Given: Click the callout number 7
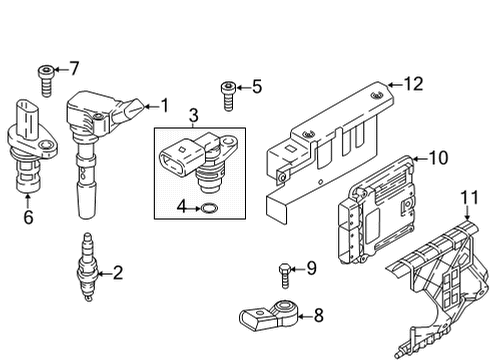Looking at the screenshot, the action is click(x=74, y=68).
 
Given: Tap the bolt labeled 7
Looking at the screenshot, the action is click(x=46, y=81).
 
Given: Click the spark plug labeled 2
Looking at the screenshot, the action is click(x=88, y=268).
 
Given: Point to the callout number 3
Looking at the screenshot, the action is click(x=193, y=115).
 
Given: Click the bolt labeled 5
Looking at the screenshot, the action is click(x=229, y=96).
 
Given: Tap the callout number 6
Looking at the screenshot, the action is click(x=28, y=217).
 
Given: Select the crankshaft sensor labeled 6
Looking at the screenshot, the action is click(x=31, y=147).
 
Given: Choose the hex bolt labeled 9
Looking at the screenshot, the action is click(x=285, y=276).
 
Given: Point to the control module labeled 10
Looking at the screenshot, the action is click(x=377, y=210).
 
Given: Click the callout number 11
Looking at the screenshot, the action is click(x=469, y=197).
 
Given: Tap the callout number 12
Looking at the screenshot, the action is click(x=414, y=84).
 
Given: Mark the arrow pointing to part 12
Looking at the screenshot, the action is click(x=395, y=85).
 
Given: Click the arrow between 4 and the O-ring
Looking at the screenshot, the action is click(x=194, y=209).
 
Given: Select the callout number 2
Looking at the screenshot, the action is click(x=118, y=273).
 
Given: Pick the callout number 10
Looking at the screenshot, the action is click(x=438, y=158).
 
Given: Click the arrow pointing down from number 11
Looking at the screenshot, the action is click(x=467, y=213).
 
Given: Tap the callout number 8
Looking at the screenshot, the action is click(x=319, y=315).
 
